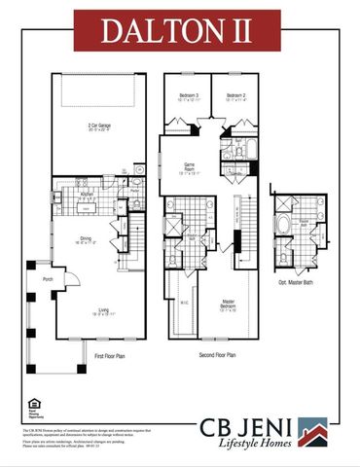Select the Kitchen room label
[86, 193]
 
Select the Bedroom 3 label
[189, 96]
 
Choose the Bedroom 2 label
[234, 96]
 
